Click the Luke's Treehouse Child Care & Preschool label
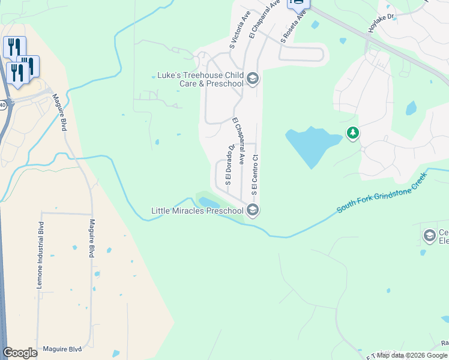200,79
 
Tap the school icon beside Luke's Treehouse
253,79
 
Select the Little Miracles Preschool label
197,211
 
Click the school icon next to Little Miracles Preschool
253,210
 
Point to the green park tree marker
354,133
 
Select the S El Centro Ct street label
255,175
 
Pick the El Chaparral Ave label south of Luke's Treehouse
238,141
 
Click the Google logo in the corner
20,353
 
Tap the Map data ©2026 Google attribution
412,355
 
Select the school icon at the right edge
429,236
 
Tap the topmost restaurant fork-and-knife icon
14,47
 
